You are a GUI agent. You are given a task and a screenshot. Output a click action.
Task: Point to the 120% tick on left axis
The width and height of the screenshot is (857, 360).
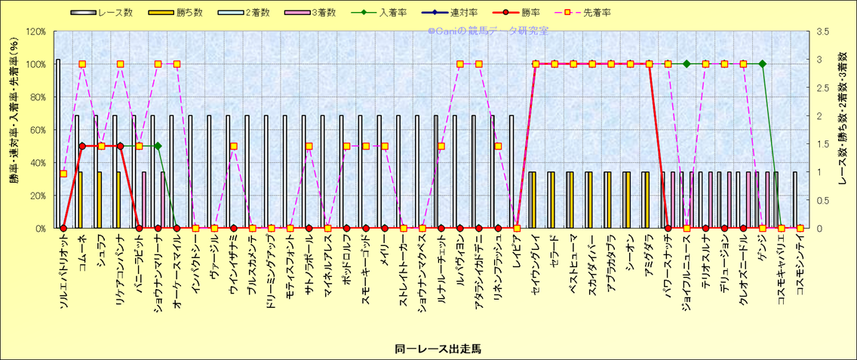tap(35, 32)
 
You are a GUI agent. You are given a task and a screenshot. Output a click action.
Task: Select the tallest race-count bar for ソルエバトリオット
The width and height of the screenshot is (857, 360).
tap(58, 143)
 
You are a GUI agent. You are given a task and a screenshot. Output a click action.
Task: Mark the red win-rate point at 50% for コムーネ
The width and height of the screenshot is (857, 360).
tap(82, 146)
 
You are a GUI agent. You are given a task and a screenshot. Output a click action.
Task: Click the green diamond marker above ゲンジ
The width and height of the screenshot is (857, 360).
tap(762, 64)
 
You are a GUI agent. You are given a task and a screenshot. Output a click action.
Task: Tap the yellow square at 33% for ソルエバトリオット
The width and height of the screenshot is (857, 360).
tap(63, 174)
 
